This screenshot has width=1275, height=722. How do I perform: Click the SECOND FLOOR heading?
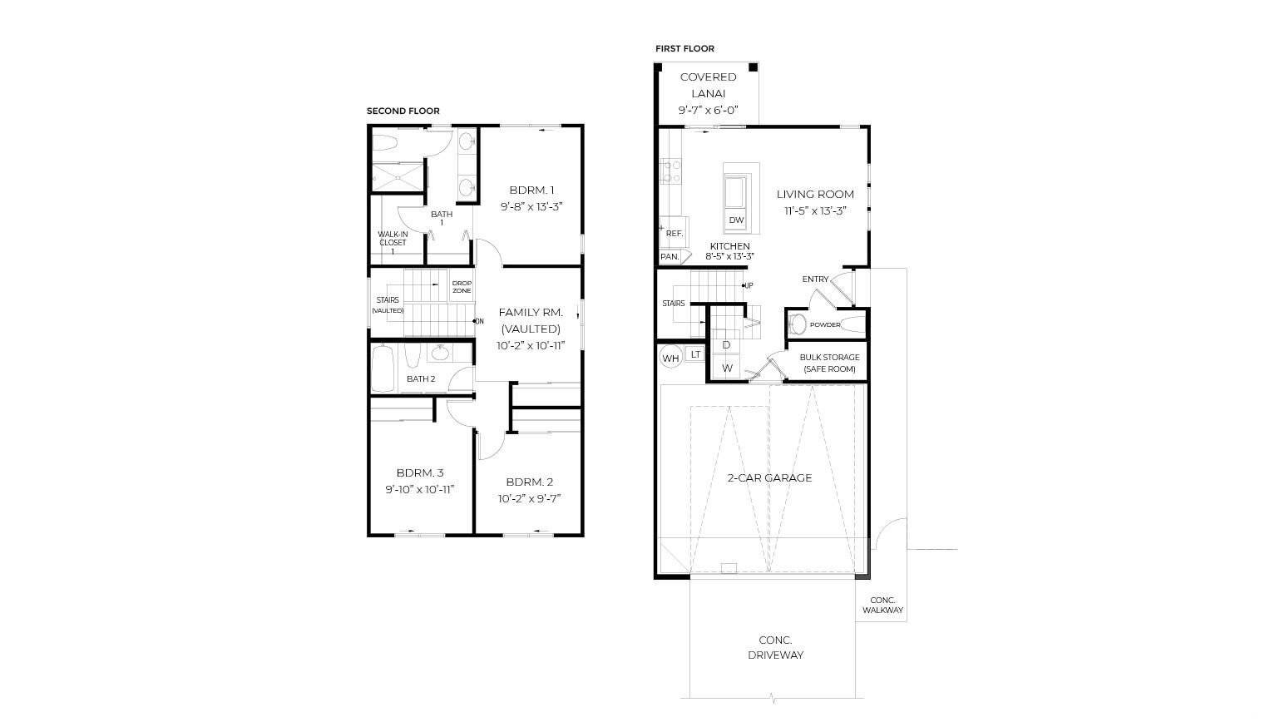[x=403, y=111]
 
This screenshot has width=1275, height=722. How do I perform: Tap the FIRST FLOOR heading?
[x=684, y=49]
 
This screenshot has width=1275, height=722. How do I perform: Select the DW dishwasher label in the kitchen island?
[x=736, y=220]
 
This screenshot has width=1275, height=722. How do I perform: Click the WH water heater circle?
[x=670, y=359]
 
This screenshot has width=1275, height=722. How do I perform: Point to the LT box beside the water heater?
[x=695, y=354]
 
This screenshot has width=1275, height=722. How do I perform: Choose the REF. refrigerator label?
[x=675, y=234]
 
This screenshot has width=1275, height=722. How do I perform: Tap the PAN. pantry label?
[x=670, y=257]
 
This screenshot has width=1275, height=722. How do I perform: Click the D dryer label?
[x=726, y=345]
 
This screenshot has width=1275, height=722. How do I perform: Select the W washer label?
[x=727, y=368]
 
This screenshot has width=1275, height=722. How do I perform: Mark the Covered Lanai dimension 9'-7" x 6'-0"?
[x=708, y=111]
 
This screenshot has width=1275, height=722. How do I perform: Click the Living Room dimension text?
[x=815, y=210]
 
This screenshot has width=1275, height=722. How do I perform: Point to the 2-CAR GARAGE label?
[x=769, y=477]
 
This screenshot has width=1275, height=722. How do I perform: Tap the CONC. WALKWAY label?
[x=882, y=606]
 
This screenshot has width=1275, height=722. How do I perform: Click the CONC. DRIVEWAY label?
[x=775, y=648]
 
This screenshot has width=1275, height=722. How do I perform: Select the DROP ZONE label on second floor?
[x=462, y=287]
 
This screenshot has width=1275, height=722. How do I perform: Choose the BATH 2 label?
[x=421, y=379]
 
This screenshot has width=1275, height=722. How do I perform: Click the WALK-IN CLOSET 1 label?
[x=393, y=243]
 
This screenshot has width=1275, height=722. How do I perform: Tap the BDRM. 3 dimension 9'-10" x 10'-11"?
[x=419, y=490]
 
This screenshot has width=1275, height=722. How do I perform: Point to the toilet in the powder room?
[x=797, y=324]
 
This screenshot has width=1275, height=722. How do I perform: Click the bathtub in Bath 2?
[x=383, y=370]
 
